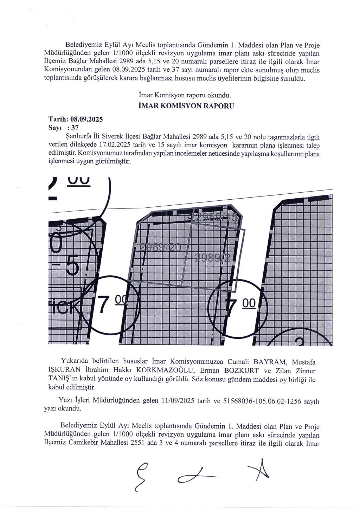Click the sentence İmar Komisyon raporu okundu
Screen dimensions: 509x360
[185, 95]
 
